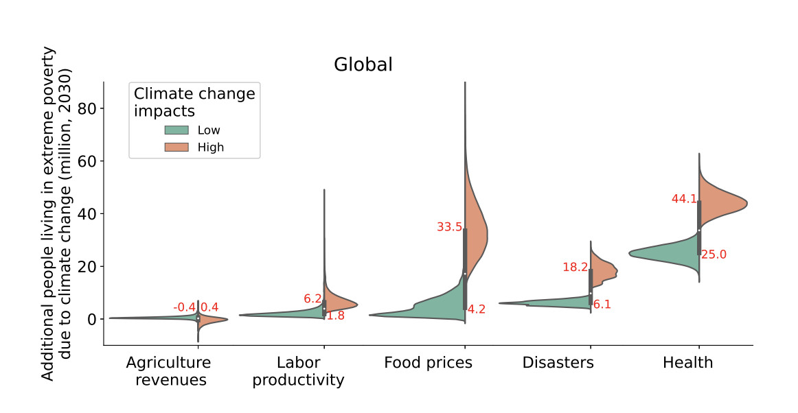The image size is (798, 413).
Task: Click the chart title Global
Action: (x=363, y=65)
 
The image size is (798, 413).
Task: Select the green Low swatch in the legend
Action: (x=176, y=130)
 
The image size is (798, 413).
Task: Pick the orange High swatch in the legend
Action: (x=176, y=147)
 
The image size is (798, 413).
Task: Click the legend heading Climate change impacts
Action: (x=194, y=102)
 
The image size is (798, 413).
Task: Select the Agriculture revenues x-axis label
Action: (x=168, y=370)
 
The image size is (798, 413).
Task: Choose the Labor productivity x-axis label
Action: (x=298, y=370)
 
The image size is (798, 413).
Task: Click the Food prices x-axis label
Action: (x=428, y=363)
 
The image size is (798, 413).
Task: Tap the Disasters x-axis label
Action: (x=558, y=363)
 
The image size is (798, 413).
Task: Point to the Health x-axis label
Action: (x=687, y=363)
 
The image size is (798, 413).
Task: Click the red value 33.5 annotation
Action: (x=449, y=227)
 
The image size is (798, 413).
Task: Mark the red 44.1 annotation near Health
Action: (x=684, y=199)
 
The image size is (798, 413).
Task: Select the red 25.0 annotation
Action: (x=714, y=255)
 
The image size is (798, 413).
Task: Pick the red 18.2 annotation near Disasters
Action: (x=575, y=268)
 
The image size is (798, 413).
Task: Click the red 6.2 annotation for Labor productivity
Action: (x=312, y=299)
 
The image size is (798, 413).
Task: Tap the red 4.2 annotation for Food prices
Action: (x=476, y=309)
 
